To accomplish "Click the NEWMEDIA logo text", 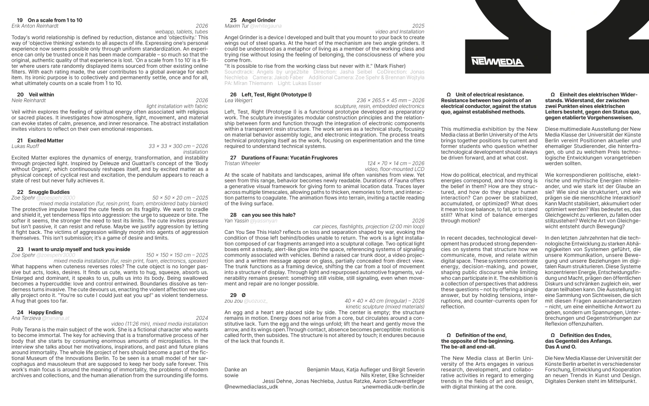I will (497, 62).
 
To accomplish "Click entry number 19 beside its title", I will (19, 20).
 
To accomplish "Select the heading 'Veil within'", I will (41, 95).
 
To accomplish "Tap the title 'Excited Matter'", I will (45, 141).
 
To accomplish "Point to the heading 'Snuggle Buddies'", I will (49, 192).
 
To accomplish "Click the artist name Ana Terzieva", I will (25, 318).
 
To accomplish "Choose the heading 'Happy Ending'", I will (45, 313).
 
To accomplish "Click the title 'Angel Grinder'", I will (258, 20).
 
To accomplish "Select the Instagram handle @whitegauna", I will (266, 26).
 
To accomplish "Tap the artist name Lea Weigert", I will (238, 100).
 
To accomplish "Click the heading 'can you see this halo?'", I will (268, 215).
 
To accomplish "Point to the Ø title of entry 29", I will (244, 295).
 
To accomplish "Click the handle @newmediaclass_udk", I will (251, 387).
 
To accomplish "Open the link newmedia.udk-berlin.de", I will (394, 387).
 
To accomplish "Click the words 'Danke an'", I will (235, 370).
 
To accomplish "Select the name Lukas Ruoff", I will (25, 146).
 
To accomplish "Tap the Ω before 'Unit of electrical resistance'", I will (448, 95).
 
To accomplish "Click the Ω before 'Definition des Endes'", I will (553, 335).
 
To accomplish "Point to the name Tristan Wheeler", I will (242, 163).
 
